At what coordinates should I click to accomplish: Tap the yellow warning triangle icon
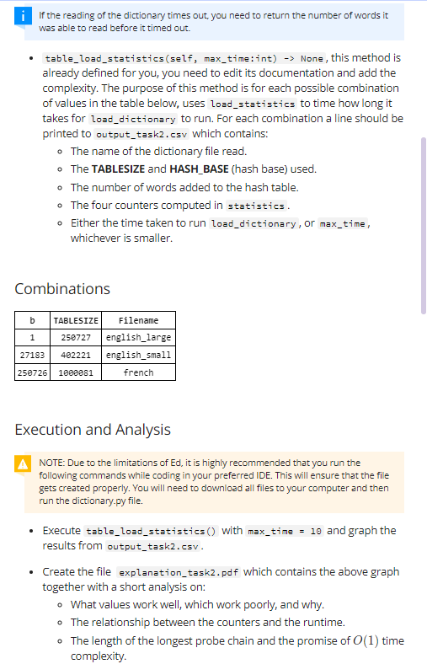click(x=29, y=463)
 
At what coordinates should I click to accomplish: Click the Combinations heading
click(x=62, y=288)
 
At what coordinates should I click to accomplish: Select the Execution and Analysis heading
click(x=93, y=430)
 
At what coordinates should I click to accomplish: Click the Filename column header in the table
click(x=138, y=320)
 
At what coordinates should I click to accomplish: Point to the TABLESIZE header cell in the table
click(x=76, y=320)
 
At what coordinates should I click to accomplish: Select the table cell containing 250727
click(x=76, y=337)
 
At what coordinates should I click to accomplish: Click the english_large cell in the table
click(x=138, y=337)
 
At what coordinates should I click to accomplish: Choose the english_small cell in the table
click(x=138, y=355)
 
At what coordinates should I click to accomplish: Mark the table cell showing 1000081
click(x=76, y=372)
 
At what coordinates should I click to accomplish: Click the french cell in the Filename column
click(x=138, y=372)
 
